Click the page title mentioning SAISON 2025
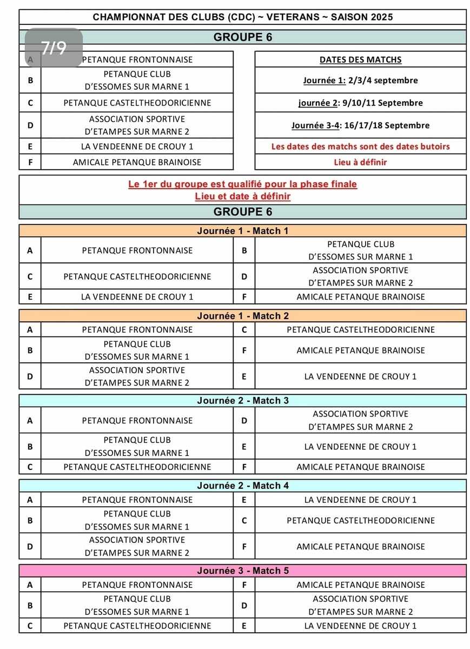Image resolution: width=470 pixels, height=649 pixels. tap(243, 17)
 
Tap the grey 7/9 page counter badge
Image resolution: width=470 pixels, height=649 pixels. tap(54, 48)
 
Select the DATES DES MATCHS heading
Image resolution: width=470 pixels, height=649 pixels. tap(360, 59)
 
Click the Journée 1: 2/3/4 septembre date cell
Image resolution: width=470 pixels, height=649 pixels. tap(360, 81)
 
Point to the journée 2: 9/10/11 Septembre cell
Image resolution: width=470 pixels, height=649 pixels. tap(360, 103)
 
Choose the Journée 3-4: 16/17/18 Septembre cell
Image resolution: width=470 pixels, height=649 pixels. tap(360, 125)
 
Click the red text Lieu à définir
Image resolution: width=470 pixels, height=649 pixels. tap(360, 162)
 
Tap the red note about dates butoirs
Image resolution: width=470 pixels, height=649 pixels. tap(360, 147)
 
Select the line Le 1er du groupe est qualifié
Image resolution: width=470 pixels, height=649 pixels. tap(243, 184)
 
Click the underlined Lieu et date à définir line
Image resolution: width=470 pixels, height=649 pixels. tap(243, 196)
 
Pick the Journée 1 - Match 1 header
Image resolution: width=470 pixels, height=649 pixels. tap(243, 231)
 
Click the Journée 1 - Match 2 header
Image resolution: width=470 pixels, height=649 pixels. tap(243, 316)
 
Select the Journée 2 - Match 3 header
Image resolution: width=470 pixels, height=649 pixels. tap(243, 401)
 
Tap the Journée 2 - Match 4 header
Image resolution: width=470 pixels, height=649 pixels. tap(243, 486)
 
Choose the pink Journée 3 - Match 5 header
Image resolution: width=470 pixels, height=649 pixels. tap(243, 571)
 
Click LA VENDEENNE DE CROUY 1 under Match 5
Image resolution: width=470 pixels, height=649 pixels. tap(360, 626)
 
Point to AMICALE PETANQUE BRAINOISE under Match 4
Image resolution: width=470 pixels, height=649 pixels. tap(360, 547)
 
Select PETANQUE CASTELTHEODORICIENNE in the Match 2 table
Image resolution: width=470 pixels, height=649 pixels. tap(360, 329)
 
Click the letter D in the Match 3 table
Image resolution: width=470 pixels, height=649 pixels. tap(244, 420)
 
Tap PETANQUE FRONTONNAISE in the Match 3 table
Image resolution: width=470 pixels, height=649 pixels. tap(137, 420)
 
